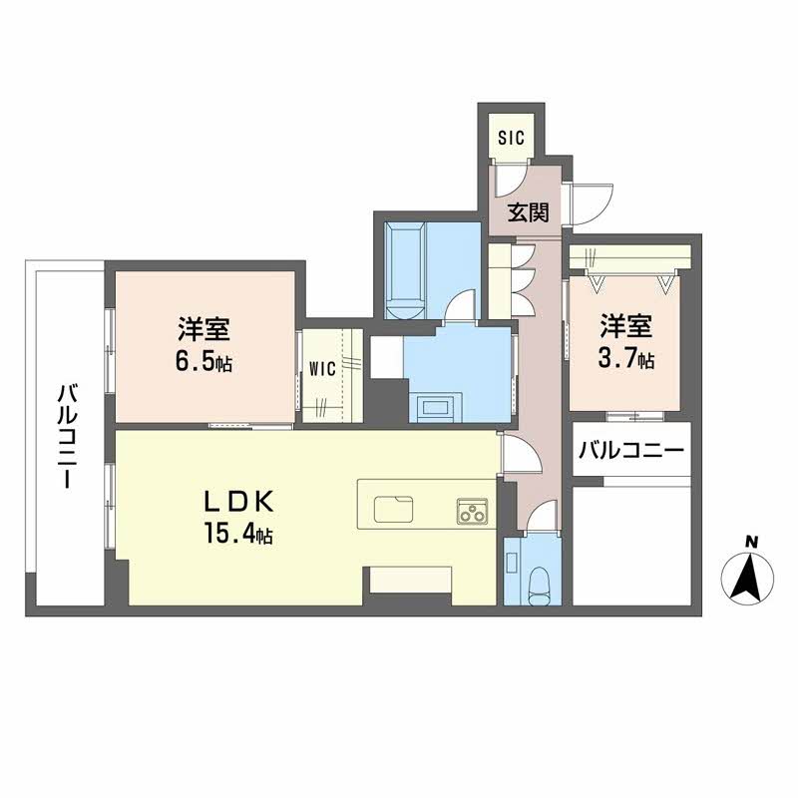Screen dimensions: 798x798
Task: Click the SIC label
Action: tap(510, 137)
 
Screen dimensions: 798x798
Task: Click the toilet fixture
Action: tap(540, 584)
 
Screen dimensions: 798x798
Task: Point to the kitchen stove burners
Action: tap(472, 510)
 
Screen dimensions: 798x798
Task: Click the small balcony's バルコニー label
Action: tap(630, 450)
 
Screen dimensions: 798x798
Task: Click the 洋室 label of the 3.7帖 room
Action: tap(626, 324)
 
